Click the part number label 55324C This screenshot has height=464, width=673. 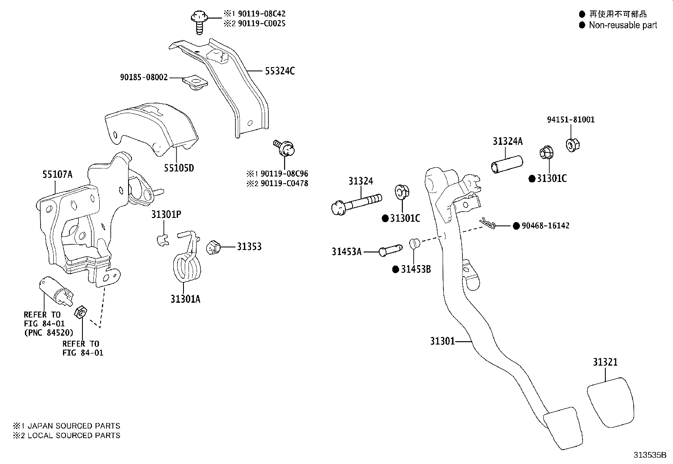[280, 71]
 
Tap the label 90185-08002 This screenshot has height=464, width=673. [144, 77]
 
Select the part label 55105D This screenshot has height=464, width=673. [179, 168]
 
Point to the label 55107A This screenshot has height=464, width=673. [57, 174]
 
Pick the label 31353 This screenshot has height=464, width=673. [249, 247]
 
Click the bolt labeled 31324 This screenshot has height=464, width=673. [356, 204]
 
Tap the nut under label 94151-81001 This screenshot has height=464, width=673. [573, 145]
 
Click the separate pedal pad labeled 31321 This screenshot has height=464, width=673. [610, 402]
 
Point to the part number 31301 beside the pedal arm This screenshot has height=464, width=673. [442, 341]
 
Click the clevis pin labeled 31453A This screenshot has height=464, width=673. [390, 250]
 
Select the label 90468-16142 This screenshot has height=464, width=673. [545, 226]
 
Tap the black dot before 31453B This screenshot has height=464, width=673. [396, 269]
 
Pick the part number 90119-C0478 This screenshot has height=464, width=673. [284, 183]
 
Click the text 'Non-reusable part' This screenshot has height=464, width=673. [623, 25]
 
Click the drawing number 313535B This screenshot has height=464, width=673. [650, 455]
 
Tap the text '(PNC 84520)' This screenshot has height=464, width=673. [49, 333]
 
